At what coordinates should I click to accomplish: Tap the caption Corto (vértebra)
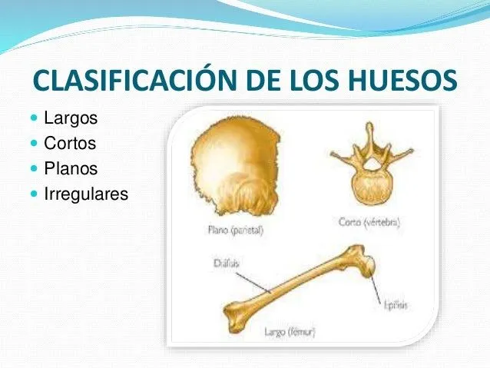click(x=369, y=223)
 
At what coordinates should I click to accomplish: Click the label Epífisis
click(x=395, y=305)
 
